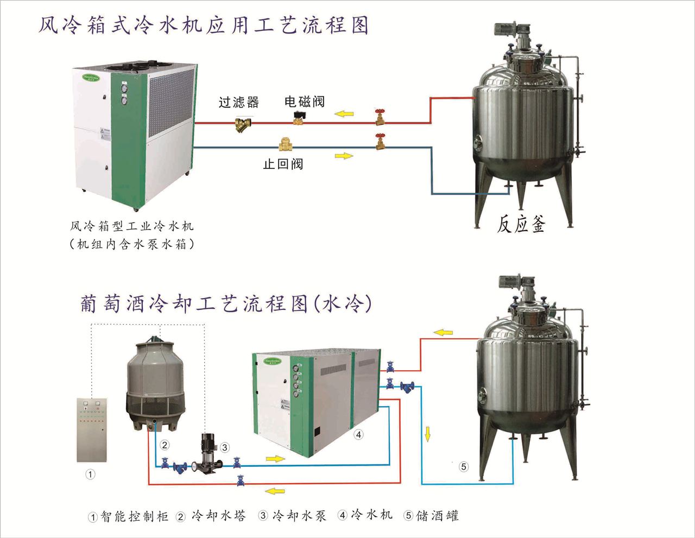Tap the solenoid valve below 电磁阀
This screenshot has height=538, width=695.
click(x=298, y=117)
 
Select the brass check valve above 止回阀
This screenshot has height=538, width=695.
click(x=285, y=145)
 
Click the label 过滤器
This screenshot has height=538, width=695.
click(x=238, y=102)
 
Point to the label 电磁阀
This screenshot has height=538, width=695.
click(x=304, y=102)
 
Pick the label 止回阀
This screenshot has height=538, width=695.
click(x=283, y=164)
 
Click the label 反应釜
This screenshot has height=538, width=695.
click(x=520, y=223)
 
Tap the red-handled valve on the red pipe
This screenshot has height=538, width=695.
click(x=381, y=117)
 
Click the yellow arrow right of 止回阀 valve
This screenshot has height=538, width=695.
click(x=343, y=156)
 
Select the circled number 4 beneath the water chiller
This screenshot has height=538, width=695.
click(x=358, y=434)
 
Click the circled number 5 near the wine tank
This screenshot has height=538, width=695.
click(x=463, y=466)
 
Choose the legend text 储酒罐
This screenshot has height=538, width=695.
click(x=438, y=515)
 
